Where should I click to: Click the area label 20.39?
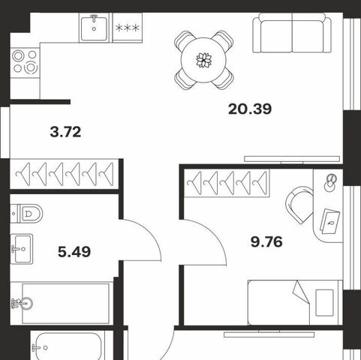(250, 109)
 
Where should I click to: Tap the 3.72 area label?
(65, 132)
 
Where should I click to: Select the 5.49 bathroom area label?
(74, 252)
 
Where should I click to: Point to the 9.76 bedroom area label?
(266, 241)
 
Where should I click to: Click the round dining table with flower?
(203, 60)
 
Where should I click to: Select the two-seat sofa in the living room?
(292, 33)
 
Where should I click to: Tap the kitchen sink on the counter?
(94, 28)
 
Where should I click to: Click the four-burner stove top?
(25, 61)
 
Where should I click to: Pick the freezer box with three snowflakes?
(128, 28)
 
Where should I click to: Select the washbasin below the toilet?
(22, 249)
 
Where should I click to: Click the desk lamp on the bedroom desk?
(330, 182)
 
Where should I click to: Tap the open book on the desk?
(330, 221)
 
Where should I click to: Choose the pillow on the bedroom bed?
(324, 302)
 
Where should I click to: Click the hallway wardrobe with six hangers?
(64, 174)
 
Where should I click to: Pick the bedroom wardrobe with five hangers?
(227, 183)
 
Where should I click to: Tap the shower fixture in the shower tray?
(22, 303)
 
